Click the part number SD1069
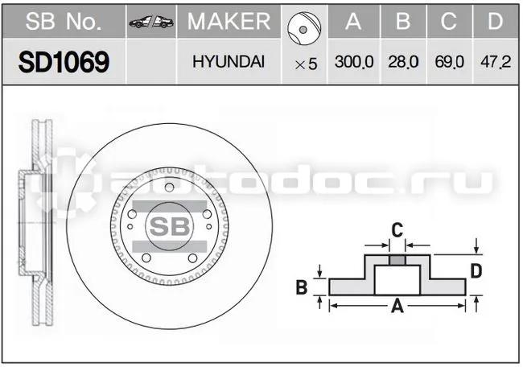pyautogui.click(x=64, y=62)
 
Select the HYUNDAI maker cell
pyautogui.click(x=229, y=62)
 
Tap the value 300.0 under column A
pyautogui.click(x=354, y=62)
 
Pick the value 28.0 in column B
pyautogui.click(x=403, y=62)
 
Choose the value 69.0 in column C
pyautogui.click(x=449, y=62)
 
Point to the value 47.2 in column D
pyautogui.click(x=496, y=62)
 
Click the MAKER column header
pyautogui.click(x=229, y=22)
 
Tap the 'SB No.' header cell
pyautogui.click(x=64, y=22)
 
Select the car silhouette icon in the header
pyautogui.click(x=151, y=22)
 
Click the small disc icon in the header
pyautogui.click(x=304, y=28)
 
